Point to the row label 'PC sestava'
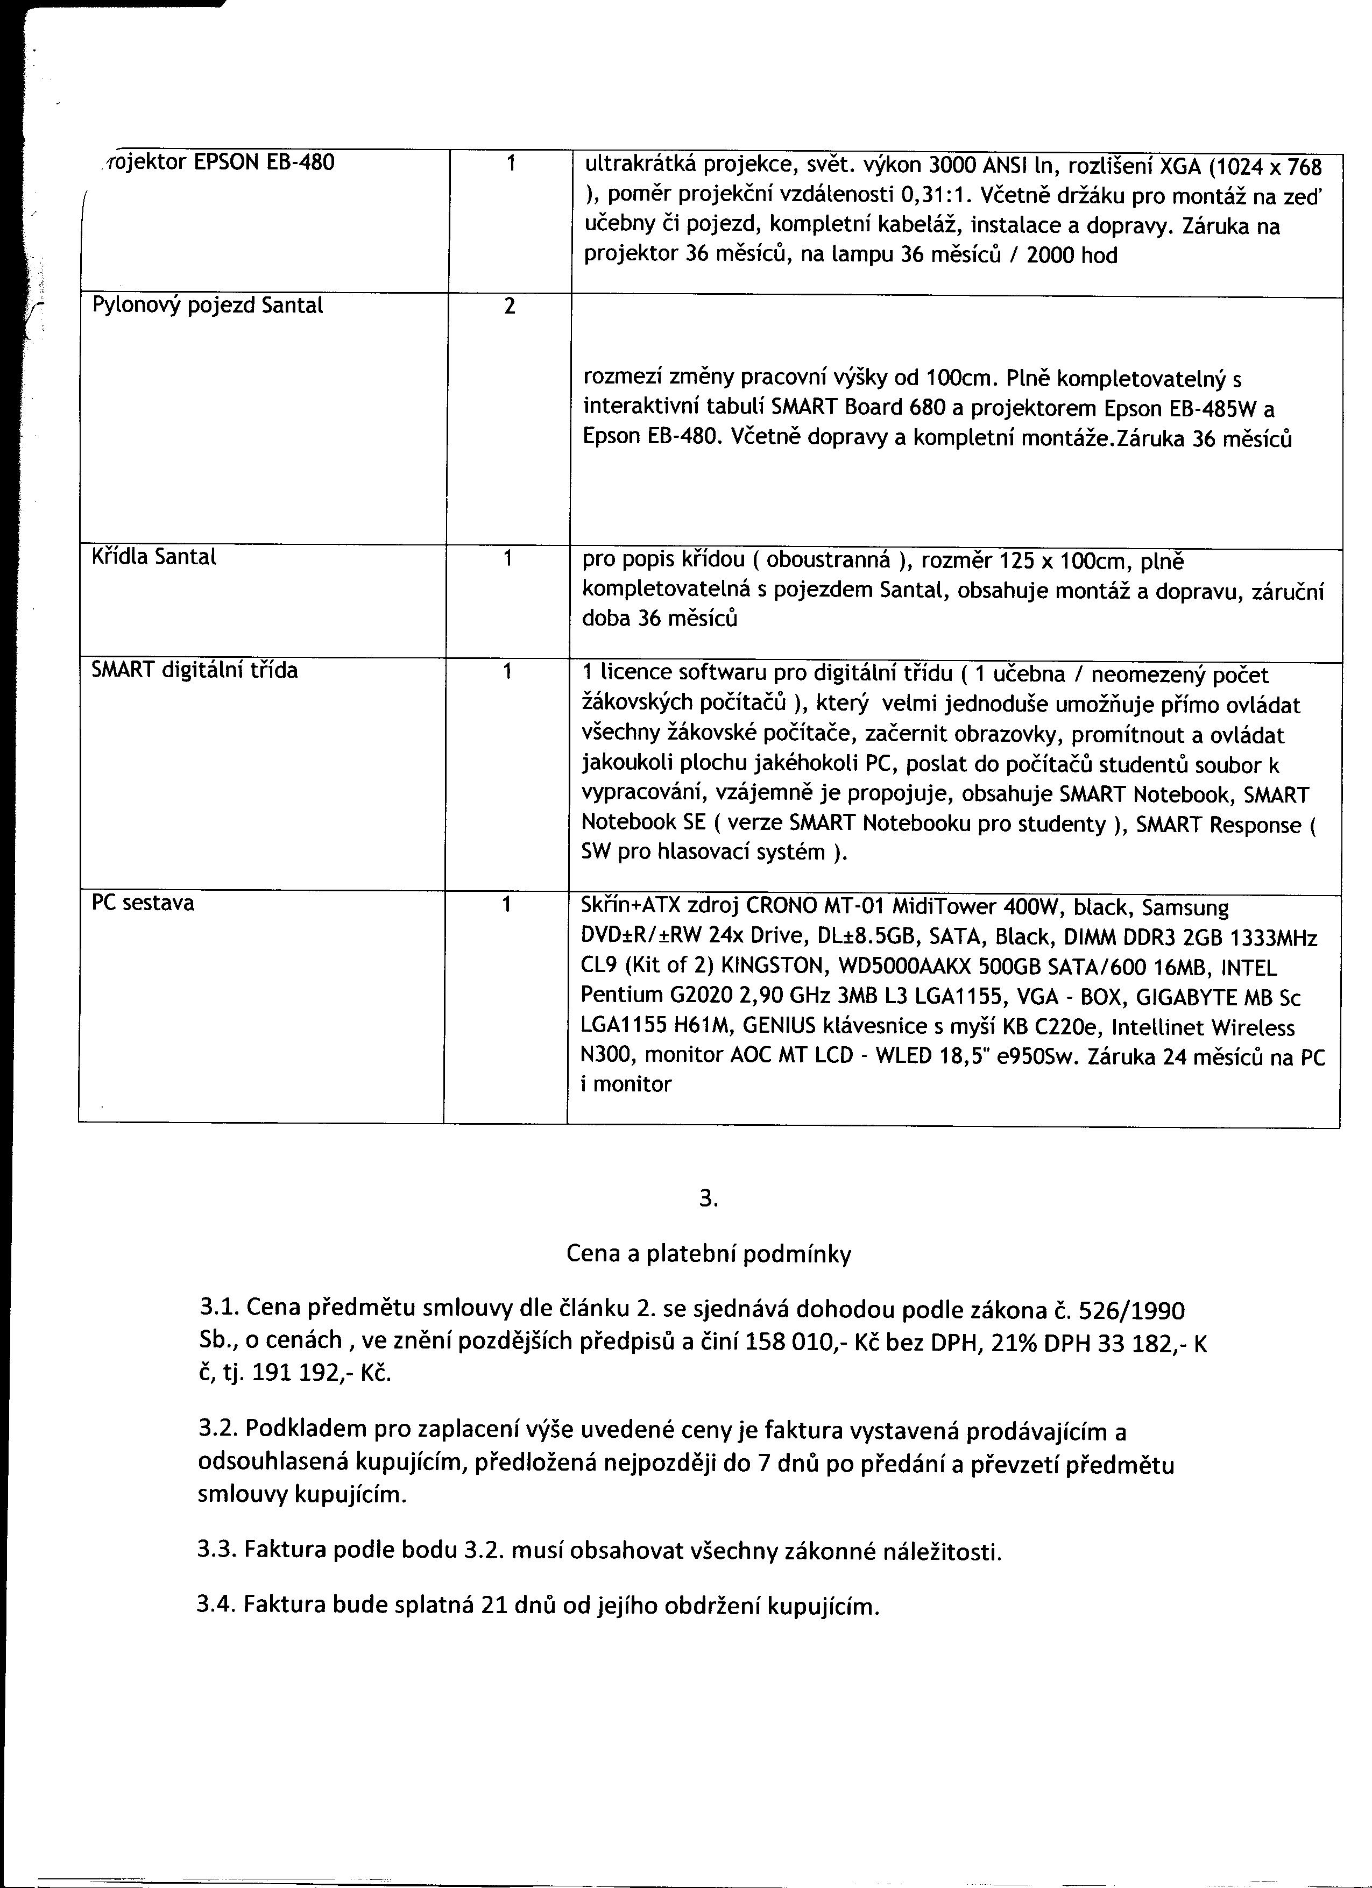point(143,903)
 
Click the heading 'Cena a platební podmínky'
point(709,1254)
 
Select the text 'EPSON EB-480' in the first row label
point(264,162)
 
